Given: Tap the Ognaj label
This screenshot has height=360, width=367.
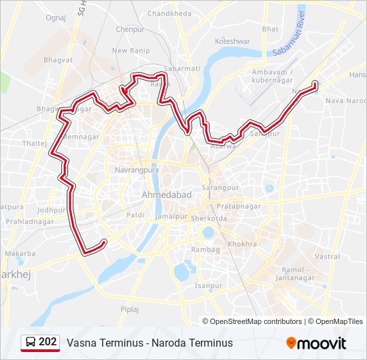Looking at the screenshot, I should (x=55, y=18).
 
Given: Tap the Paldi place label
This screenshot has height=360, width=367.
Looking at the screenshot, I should (x=135, y=215).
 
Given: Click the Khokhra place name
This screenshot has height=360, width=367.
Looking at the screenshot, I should (x=242, y=245).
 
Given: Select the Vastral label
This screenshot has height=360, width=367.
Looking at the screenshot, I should (x=326, y=256).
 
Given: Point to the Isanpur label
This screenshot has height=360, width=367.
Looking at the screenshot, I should (x=208, y=285).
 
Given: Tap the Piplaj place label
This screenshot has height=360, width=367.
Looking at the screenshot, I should (x=129, y=309).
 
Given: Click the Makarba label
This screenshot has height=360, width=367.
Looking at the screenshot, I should (x=20, y=253).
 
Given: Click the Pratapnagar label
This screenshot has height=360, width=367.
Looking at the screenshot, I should (x=239, y=206).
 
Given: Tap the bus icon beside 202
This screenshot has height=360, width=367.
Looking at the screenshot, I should (x=30, y=343).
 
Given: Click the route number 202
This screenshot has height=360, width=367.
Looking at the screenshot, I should (x=48, y=342).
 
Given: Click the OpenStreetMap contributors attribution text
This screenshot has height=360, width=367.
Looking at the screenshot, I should (x=256, y=321).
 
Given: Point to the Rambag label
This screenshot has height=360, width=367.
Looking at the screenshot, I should (x=205, y=249).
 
